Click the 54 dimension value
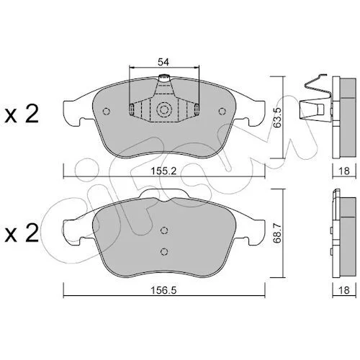pos(163,62)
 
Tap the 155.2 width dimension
pos(163,171)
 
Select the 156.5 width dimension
pos(163,290)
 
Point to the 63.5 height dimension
pos(278,117)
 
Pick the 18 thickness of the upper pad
pos(344,171)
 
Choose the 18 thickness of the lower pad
pos(344,290)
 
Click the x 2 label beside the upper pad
pos(22,114)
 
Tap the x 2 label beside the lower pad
pos(22,233)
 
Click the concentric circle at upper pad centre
pos(164,110)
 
